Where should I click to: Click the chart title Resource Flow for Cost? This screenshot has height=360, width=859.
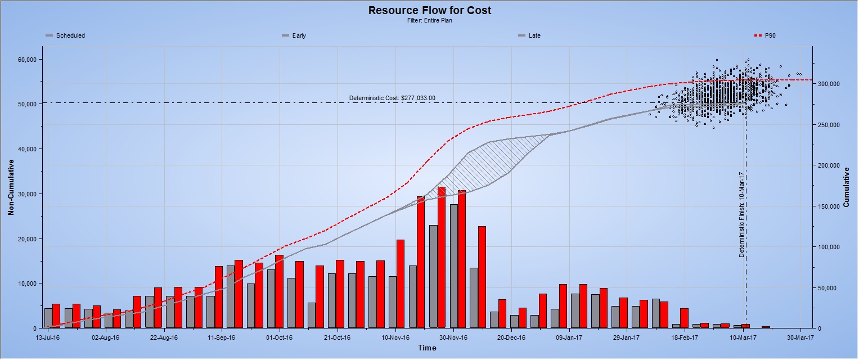[430, 10]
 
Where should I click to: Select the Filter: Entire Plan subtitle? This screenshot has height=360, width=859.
[430, 20]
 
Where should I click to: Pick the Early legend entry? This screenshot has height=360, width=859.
[299, 35]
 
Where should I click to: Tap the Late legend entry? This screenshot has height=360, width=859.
[534, 35]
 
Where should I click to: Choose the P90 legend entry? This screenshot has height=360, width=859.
[770, 35]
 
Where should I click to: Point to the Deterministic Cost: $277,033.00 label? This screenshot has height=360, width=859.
[392, 98]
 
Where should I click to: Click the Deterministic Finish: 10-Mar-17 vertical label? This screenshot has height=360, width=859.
[742, 214]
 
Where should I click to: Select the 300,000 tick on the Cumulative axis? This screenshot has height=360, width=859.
[829, 84]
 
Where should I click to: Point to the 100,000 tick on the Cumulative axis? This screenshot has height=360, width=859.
[829, 247]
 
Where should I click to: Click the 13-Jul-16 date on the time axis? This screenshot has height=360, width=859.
[48, 338]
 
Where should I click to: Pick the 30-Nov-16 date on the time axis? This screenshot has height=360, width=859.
[453, 338]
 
